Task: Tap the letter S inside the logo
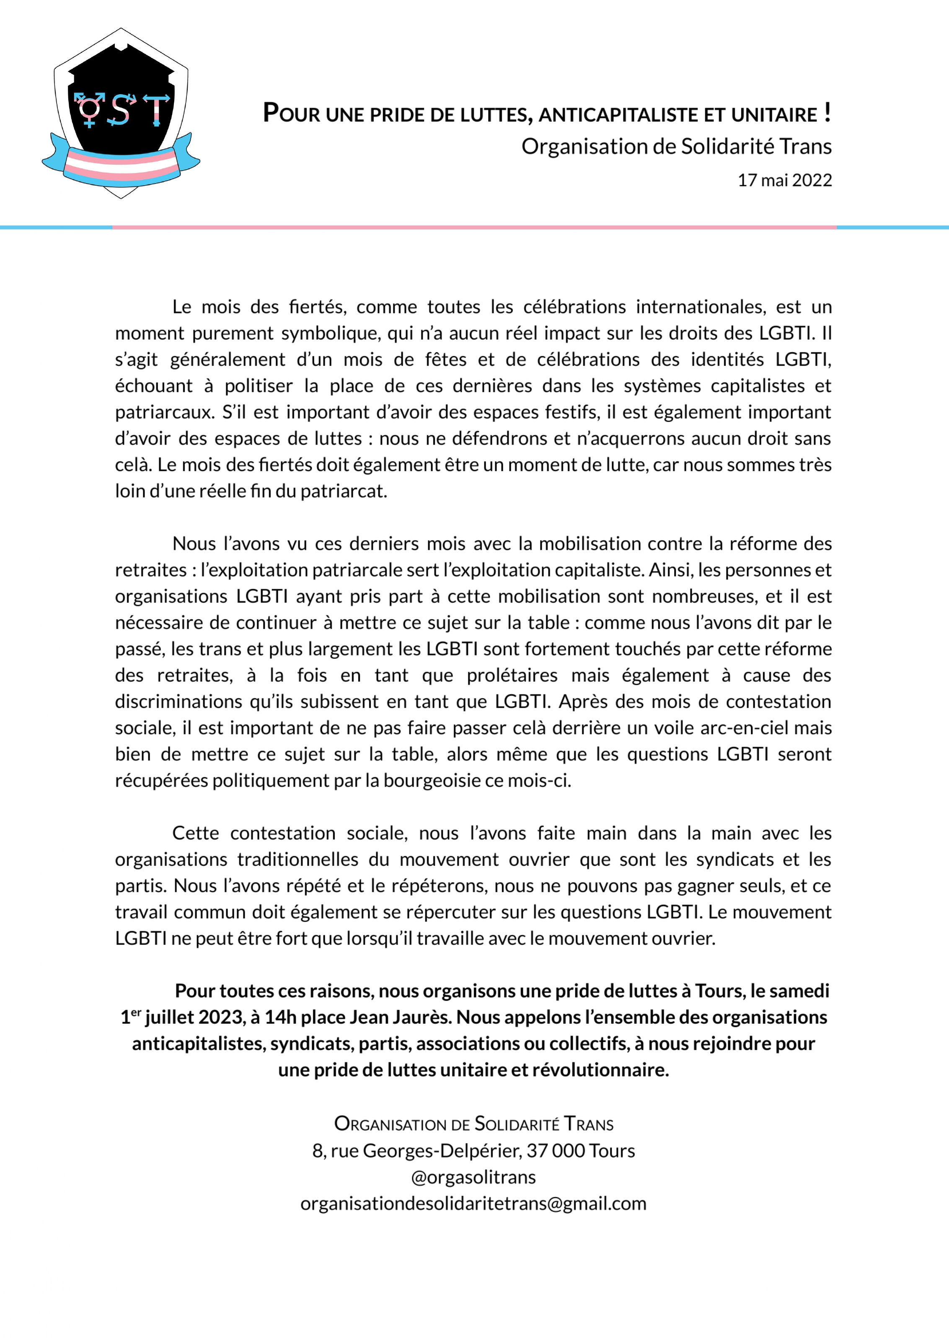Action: [x=120, y=110]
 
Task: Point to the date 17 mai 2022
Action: [x=784, y=180]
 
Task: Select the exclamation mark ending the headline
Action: [x=827, y=112]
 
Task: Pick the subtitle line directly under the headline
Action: [x=676, y=146]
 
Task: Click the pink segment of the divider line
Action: [x=474, y=227]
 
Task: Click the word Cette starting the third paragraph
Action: [x=196, y=833]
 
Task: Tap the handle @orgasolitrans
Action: [x=473, y=1177]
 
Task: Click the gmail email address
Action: [x=473, y=1203]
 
